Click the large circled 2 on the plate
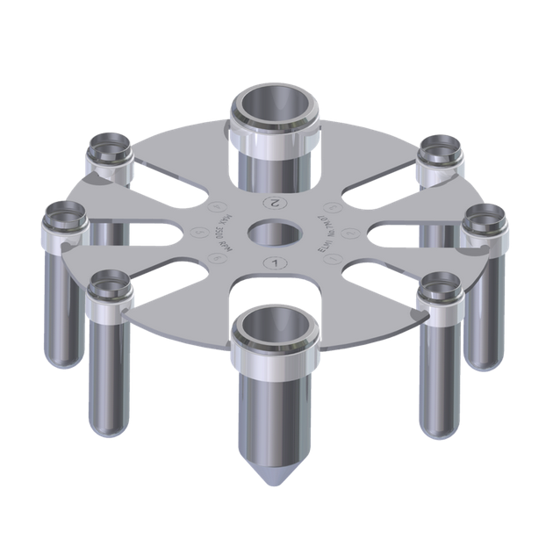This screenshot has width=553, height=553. coord(276,202)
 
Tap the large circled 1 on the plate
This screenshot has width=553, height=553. coord(276,262)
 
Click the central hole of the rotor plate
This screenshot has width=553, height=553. coord(276,233)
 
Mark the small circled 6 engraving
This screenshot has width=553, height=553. coord(214,258)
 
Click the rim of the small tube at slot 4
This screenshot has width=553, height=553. coord(109,145)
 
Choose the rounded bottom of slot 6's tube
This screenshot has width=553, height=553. coord(109,426)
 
